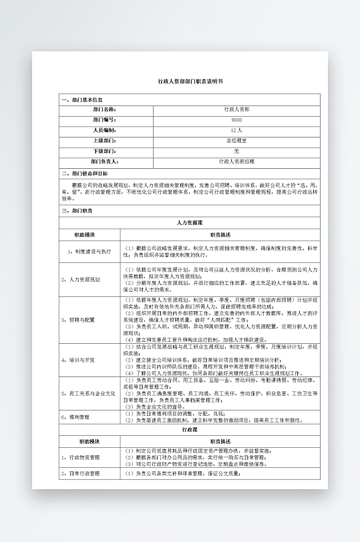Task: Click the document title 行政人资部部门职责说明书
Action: click(181, 80)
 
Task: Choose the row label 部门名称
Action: click(104, 109)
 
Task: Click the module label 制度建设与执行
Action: click(89, 251)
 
